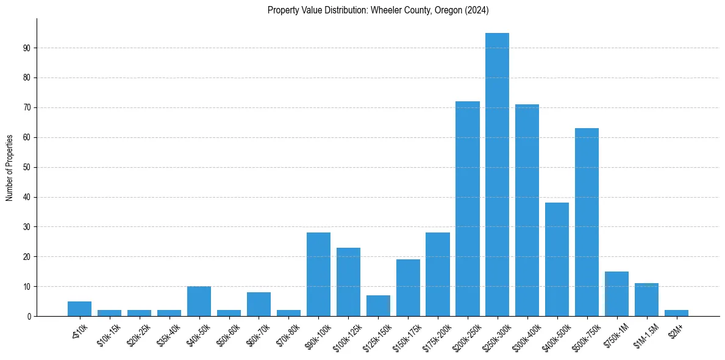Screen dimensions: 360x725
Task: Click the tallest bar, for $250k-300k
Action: coord(497,175)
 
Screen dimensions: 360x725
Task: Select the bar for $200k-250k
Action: coord(467,209)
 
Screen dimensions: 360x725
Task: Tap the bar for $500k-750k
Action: coord(587,222)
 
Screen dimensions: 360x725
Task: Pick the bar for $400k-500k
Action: coord(557,259)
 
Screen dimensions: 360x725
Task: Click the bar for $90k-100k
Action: coord(318,274)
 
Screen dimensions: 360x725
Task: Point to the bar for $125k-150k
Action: coord(378,306)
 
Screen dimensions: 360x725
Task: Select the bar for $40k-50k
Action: coord(199,301)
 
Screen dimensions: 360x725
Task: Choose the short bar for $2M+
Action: coord(676,313)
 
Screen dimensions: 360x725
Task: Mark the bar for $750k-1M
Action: coord(616,293)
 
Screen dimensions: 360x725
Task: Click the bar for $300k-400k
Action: coord(527,211)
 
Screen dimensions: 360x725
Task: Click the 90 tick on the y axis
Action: coord(27,48)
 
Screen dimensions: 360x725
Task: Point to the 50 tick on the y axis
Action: coord(27,167)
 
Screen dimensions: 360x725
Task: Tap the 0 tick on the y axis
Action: coord(29,316)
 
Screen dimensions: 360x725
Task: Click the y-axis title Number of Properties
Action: coord(10,167)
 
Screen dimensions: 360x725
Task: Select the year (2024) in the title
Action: coord(476,10)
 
